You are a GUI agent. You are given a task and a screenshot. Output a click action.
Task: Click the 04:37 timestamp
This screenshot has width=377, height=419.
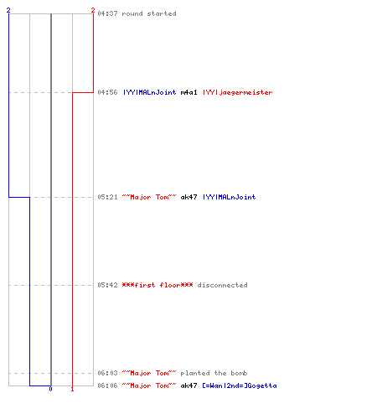[x=107, y=13]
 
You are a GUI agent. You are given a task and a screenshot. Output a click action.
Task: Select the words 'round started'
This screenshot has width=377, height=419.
[x=149, y=13]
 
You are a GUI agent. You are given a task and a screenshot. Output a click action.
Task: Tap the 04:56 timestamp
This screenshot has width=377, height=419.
[x=107, y=92]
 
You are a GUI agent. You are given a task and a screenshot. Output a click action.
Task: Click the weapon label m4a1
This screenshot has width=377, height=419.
[x=188, y=92]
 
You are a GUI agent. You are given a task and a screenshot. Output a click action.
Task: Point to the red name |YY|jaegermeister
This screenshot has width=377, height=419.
[x=237, y=92]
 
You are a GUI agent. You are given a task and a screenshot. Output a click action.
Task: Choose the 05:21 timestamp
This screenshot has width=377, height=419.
[x=107, y=197]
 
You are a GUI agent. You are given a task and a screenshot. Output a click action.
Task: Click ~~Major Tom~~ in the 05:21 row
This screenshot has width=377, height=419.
[x=149, y=197]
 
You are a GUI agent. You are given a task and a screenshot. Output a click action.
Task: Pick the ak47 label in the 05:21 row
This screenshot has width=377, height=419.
[x=188, y=197]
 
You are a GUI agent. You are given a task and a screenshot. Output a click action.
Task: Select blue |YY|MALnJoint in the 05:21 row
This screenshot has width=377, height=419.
[x=229, y=197]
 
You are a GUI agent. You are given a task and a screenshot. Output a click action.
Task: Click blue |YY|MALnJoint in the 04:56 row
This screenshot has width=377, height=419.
[x=150, y=92]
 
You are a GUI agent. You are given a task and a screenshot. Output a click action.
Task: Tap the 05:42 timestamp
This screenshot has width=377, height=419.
[x=107, y=285]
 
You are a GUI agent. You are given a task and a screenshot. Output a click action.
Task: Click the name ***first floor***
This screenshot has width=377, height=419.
[x=158, y=285]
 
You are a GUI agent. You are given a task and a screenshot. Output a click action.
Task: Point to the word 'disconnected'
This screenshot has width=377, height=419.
[x=222, y=285]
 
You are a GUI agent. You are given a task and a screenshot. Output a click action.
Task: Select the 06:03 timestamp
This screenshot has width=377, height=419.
[x=107, y=373]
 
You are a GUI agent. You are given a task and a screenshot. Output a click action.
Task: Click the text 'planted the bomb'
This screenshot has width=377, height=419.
[x=214, y=373]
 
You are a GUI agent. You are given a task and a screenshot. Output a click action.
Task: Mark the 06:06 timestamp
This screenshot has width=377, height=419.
[x=107, y=385]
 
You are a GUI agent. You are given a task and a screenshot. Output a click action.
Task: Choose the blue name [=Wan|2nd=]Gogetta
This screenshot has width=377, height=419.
[x=240, y=385]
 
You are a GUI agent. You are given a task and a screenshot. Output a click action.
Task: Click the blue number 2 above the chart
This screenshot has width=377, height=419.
[x=8, y=10]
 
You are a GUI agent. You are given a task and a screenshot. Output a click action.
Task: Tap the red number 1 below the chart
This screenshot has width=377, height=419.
[x=72, y=389]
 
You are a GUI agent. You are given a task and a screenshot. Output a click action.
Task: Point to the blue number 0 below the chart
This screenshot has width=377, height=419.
[x=50, y=389]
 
